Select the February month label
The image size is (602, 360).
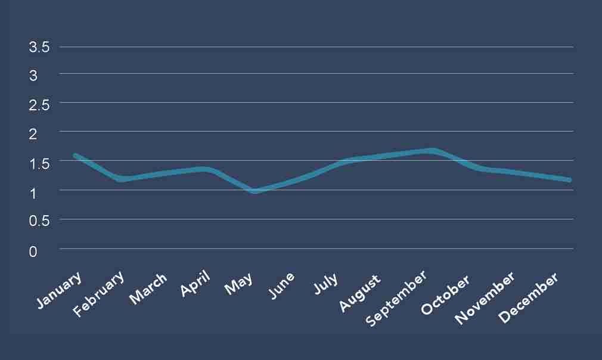(100, 294)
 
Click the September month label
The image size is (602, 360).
(396, 299)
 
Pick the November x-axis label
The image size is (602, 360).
(484, 299)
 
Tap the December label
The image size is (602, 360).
(529, 299)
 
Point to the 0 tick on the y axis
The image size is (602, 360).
(33, 252)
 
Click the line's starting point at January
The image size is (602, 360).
(75, 156)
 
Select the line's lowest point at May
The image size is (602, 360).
(255, 191)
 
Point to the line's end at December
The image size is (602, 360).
(569, 180)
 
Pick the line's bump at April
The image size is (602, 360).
(207, 169)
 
